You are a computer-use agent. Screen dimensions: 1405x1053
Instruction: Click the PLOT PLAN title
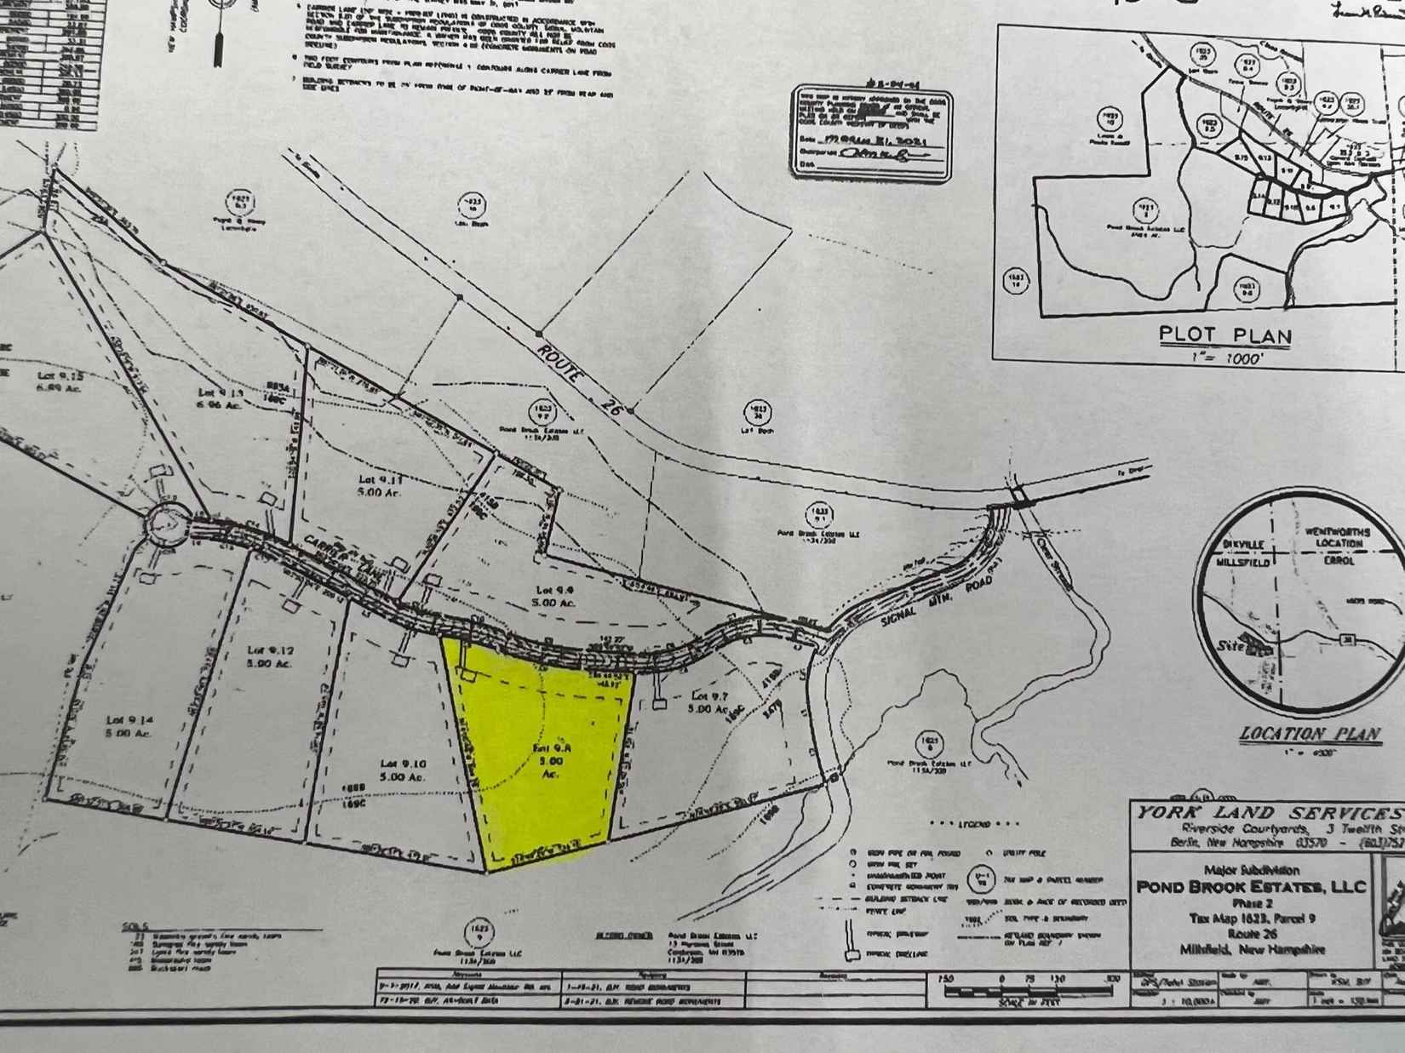click(x=1225, y=335)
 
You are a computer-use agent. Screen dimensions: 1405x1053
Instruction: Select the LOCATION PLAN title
click(x=1310, y=734)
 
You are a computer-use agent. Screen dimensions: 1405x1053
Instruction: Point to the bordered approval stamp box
click(x=870, y=131)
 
